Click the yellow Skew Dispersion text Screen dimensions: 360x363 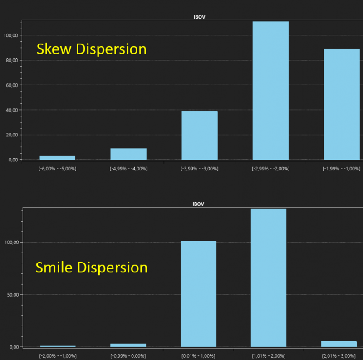pyautogui.click(x=91, y=49)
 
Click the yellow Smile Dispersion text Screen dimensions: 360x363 pyautogui.click(x=91, y=268)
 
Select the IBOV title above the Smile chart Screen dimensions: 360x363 pyautogui.click(x=199, y=204)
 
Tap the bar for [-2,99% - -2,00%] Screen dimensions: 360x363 pyautogui.click(x=270, y=91)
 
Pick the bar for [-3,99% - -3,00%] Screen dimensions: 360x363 pyautogui.click(x=200, y=135)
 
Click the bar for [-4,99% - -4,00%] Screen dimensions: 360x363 pyautogui.click(x=128, y=154)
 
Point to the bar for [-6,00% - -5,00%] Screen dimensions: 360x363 pyautogui.click(x=58, y=157)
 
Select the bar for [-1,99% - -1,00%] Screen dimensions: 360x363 pyautogui.click(x=341, y=104)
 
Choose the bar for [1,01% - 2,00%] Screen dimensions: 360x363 pyautogui.click(x=269, y=277)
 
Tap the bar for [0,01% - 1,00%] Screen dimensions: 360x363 pyautogui.click(x=198, y=294)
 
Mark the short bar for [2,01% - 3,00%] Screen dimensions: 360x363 pyautogui.click(x=339, y=344)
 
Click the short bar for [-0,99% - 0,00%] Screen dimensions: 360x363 pyautogui.click(x=128, y=345)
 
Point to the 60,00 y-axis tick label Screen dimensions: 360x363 pyautogui.click(x=10, y=85)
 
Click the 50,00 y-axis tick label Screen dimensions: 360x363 pyautogui.click(x=10, y=295)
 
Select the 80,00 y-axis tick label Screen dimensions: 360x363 pyautogui.click(x=10, y=60)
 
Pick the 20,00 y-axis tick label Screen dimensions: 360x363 pyautogui.click(x=10, y=135)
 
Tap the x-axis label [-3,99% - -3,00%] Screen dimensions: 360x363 pyautogui.click(x=200, y=169)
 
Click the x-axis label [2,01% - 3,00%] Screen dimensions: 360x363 pyautogui.click(x=339, y=356)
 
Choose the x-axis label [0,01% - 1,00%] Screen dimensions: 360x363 pyautogui.click(x=198, y=356)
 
